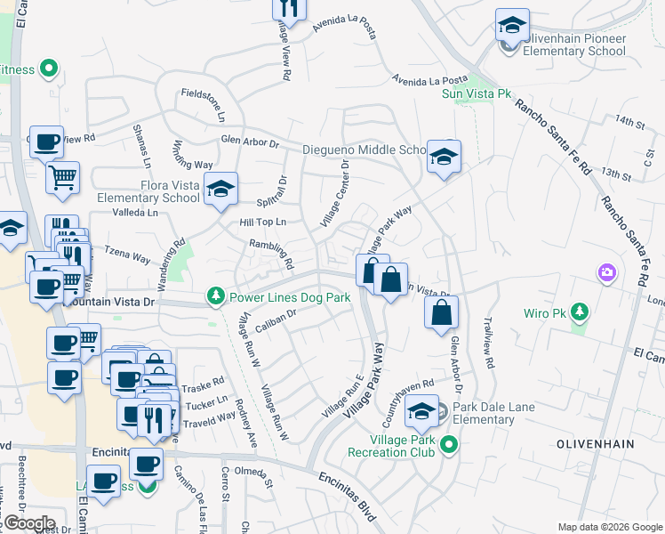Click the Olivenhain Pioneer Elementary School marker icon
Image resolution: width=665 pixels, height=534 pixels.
511,27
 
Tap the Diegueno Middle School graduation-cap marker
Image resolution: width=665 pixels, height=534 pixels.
443,158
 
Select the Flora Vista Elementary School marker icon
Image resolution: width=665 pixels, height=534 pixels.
220,189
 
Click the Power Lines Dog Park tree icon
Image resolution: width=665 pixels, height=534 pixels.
214,296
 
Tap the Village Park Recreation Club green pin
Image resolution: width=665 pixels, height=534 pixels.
450,443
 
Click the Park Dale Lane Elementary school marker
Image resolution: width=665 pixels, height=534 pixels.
421,412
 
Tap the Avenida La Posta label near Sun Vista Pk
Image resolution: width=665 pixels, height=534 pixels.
430,80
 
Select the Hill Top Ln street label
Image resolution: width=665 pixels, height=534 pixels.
263,222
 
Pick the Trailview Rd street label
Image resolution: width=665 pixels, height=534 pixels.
486,344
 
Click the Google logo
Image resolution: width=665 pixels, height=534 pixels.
28,522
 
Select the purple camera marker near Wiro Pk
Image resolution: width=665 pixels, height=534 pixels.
607,271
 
